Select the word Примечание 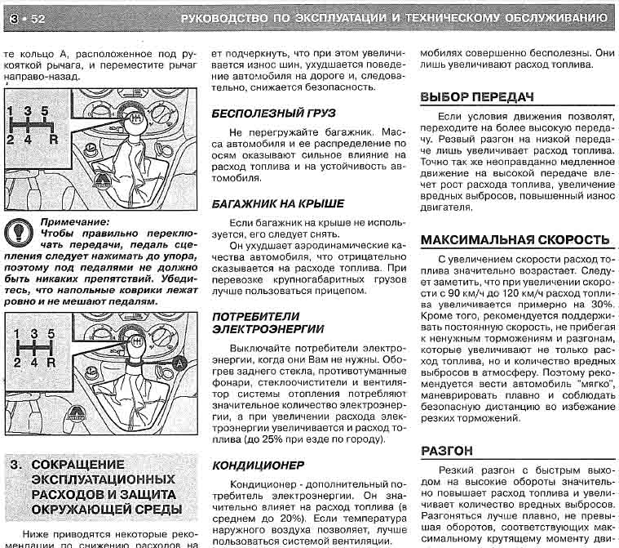(x=73, y=222)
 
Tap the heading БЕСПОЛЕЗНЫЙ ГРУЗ (x=273, y=113)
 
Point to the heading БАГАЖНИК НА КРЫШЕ (x=277, y=203)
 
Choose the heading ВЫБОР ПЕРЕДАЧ (x=476, y=97)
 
